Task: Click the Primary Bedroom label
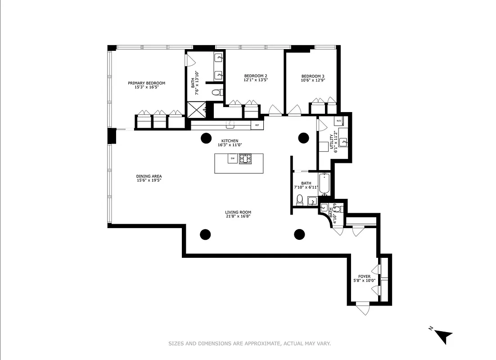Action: (x=146, y=83)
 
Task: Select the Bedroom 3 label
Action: (x=313, y=76)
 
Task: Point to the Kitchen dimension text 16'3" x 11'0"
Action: (x=230, y=145)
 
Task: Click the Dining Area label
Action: (x=149, y=176)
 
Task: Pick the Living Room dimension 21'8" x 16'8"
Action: (x=238, y=216)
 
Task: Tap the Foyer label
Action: (x=364, y=276)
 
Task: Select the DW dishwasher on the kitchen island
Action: (x=233, y=158)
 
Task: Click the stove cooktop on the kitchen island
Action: (x=245, y=158)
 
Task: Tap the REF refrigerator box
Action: (x=257, y=125)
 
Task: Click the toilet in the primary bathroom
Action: (x=217, y=93)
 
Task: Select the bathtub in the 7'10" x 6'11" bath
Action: (x=325, y=184)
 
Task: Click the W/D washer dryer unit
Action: (x=338, y=121)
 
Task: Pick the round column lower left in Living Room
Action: (x=205, y=234)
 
